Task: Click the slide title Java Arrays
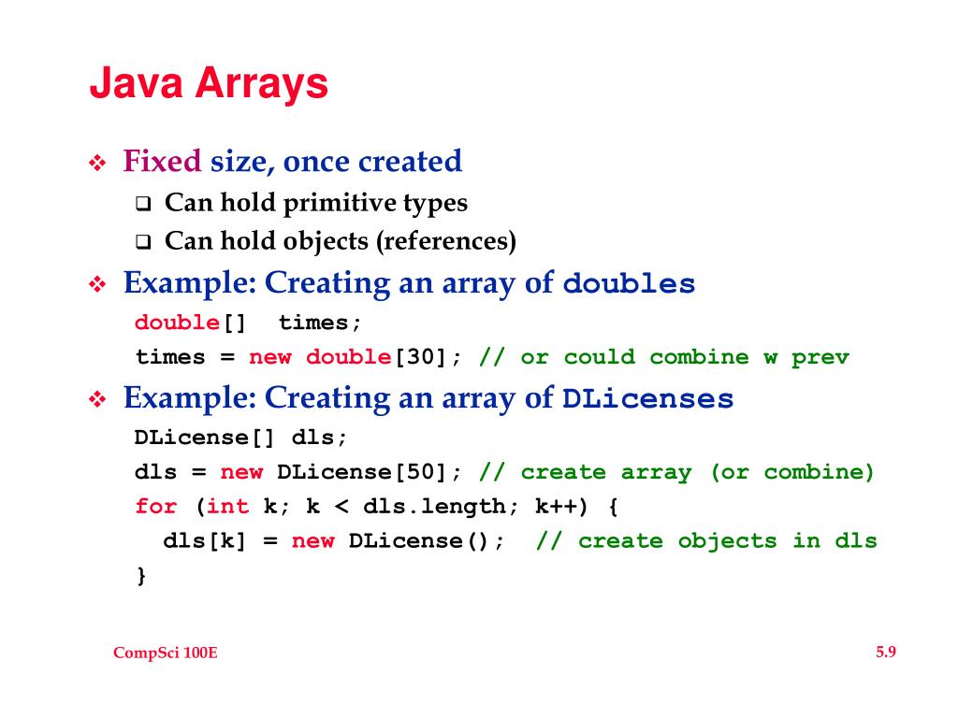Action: pyautogui.click(x=209, y=84)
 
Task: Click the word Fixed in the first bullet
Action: pyautogui.click(x=162, y=162)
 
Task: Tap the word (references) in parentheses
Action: pyautogui.click(x=446, y=241)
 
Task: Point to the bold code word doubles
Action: pyautogui.click(x=630, y=284)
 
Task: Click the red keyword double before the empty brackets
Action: pyautogui.click(x=177, y=323)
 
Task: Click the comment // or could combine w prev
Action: pyautogui.click(x=663, y=357)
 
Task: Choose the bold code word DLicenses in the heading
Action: pyautogui.click(x=647, y=399)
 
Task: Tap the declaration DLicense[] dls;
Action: pyautogui.click(x=240, y=438)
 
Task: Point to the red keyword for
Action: pyautogui.click(x=155, y=507)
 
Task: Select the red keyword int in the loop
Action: pyautogui.click(x=227, y=507)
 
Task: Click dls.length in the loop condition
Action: pyautogui.click(x=434, y=507)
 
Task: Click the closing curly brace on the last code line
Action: pyautogui.click(x=141, y=575)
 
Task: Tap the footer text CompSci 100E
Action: pyautogui.click(x=166, y=653)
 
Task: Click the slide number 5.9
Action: pyautogui.click(x=885, y=653)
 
